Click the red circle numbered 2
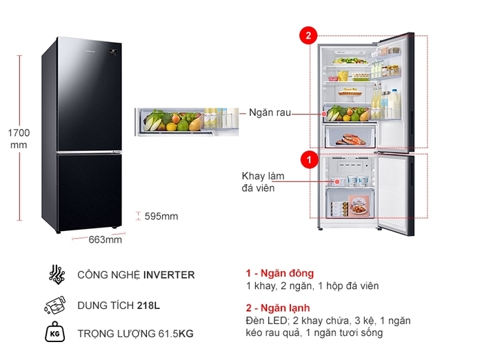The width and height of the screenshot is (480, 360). coord(308,36)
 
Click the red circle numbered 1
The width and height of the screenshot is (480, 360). coord(310,160)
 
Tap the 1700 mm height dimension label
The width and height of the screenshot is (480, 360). coord(19,138)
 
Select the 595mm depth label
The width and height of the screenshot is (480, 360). coord(161,217)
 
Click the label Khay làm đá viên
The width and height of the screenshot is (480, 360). coord(262,181)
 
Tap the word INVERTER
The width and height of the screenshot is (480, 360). coord(169,274)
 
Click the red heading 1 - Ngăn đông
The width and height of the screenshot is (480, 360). coord(279,273)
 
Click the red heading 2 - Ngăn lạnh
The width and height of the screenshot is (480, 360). coord(278,308)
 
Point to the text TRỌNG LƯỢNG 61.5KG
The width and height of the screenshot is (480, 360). coord(136,334)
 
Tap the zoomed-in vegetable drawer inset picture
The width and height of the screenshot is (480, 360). coord(188,121)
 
